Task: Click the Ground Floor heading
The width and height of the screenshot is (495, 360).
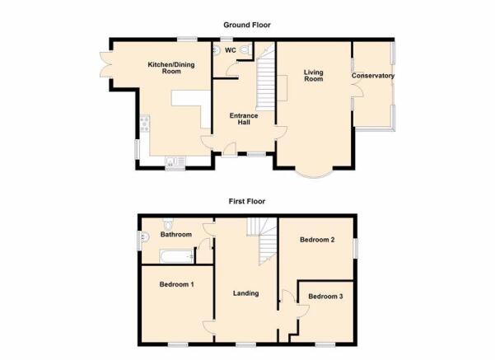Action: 247,25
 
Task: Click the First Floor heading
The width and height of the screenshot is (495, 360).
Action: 247,201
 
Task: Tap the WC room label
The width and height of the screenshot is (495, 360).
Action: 230,50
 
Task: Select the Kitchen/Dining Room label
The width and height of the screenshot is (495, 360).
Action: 171,68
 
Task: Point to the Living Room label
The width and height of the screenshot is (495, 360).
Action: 314,76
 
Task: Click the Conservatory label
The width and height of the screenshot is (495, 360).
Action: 373,76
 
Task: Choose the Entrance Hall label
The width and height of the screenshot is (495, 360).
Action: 244,119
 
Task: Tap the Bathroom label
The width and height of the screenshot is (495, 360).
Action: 175,234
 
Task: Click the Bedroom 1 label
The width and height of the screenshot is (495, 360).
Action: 176,284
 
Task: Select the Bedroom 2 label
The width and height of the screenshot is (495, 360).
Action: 317,240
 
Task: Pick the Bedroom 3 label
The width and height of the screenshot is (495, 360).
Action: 325,297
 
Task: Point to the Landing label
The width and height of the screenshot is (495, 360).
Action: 245,293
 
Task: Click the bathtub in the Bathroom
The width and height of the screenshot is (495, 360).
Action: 177,256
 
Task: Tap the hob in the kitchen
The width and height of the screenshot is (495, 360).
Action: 145,124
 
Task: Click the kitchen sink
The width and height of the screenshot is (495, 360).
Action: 175,161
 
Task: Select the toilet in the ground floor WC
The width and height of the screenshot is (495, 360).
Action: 245,50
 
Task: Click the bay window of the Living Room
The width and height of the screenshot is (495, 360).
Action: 314,174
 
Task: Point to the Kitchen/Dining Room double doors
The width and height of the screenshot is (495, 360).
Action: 105,64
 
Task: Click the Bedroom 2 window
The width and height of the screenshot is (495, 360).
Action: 356,248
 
